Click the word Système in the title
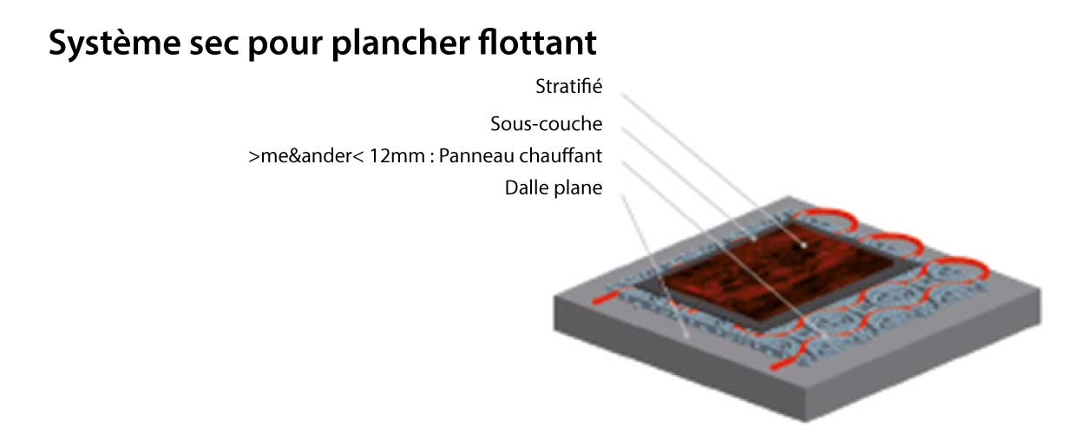coord(115,44)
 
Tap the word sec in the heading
coord(213,44)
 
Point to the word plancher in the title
coord(401,44)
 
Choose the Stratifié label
coord(569,87)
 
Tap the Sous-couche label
coord(547,124)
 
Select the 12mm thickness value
coord(397,156)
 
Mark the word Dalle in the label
coord(525,187)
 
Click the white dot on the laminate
coord(803,246)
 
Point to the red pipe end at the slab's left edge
coord(600,299)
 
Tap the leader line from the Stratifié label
coord(712,169)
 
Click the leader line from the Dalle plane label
coord(654,266)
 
